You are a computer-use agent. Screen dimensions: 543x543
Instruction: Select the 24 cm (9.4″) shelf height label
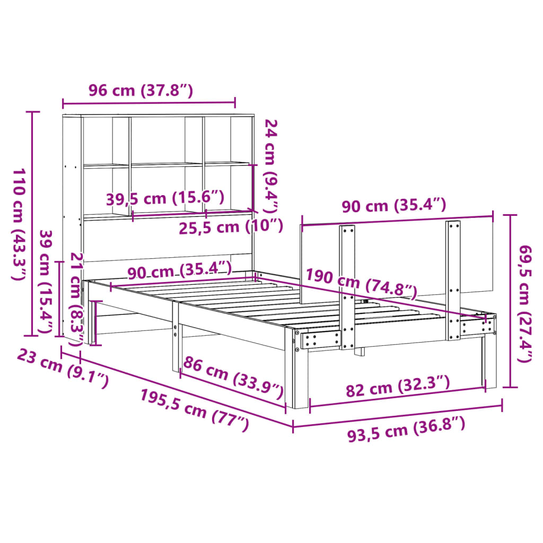(x=272, y=164)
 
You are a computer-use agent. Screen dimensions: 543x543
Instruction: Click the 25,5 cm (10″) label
(x=230, y=226)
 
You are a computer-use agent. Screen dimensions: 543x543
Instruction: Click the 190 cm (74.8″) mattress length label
(x=361, y=284)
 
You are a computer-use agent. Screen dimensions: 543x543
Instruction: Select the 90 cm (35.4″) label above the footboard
(x=393, y=205)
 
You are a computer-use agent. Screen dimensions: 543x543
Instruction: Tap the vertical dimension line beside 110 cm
(x=33, y=223)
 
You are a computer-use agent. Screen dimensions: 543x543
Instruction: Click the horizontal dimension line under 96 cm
(x=149, y=102)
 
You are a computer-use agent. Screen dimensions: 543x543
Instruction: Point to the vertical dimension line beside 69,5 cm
(x=510, y=301)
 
